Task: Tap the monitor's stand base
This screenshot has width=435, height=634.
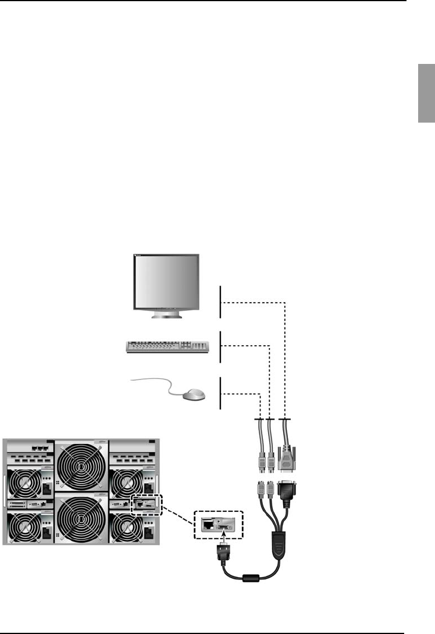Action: tap(166, 316)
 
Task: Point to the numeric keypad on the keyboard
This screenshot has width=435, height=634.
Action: tap(199, 346)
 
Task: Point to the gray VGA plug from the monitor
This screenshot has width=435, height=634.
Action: tap(286, 464)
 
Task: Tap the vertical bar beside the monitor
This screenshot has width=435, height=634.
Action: tap(220, 302)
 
